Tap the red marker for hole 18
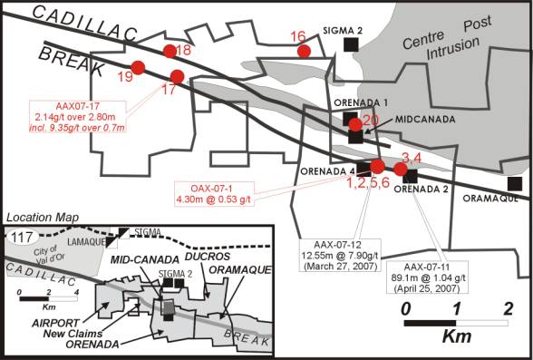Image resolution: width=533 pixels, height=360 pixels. pos(169,51)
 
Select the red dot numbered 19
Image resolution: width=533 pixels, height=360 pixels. pos(139,67)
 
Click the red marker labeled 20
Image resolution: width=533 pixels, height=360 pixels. pos(355,123)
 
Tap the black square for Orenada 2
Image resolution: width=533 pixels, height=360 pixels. pos(411,175)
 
